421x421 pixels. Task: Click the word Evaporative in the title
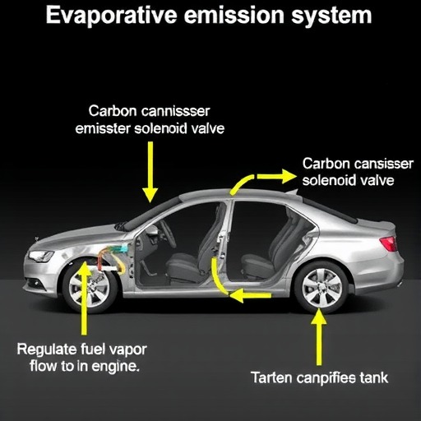pos(111,16)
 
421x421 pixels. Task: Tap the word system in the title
pos(331,16)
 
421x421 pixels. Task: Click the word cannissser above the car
pos(175,111)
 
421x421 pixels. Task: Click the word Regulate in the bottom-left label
pos(47,349)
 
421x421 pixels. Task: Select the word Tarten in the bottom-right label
pos(271,377)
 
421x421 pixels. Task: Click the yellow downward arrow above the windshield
pos(150,172)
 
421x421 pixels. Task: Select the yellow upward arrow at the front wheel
pos(85,298)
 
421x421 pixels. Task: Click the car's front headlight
pos(40,257)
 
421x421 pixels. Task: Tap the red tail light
pos(388,243)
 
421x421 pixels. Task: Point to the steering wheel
pos(168,234)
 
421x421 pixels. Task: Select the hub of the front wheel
pos(90,288)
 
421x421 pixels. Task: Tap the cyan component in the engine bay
pos(121,248)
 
